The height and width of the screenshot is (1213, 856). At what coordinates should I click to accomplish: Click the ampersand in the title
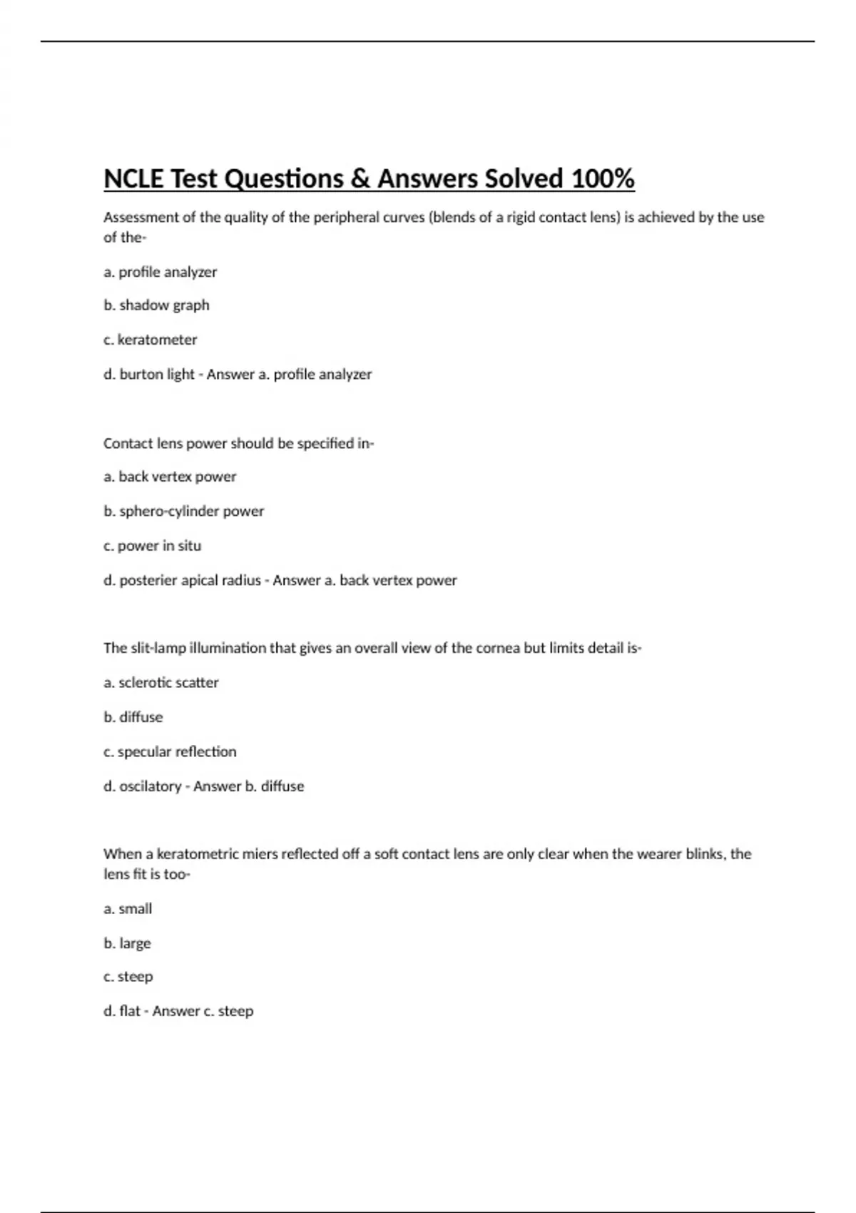pos(361,179)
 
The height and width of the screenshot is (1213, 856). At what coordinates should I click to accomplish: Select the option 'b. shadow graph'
pos(156,305)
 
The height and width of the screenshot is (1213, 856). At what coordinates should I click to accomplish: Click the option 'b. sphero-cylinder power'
pos(183,511)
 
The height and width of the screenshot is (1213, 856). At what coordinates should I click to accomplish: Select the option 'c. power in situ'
pos(152,546)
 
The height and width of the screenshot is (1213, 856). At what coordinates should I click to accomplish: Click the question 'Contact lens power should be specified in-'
pos(238,443)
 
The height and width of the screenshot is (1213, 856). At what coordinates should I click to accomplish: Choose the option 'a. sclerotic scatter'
pos(160,683)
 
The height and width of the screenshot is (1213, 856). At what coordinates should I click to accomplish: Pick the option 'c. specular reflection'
pos(170,752)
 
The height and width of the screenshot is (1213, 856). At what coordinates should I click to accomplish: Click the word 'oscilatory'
pos(150,786)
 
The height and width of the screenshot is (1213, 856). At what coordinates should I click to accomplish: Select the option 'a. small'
pos(128,909)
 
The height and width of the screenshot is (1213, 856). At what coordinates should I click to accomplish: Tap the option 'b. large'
pos(127,943)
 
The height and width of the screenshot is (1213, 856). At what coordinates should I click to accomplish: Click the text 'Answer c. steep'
pos(203,1011)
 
